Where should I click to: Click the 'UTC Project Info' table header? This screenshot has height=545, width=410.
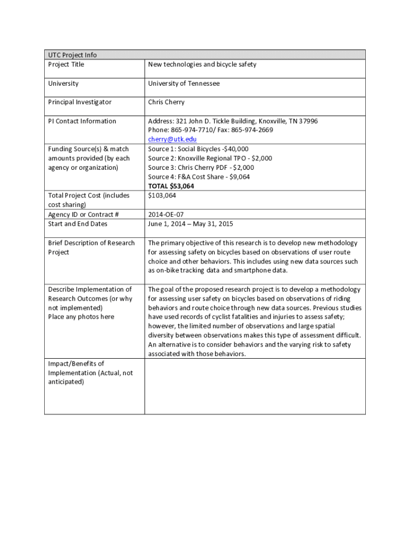tap(72, 55)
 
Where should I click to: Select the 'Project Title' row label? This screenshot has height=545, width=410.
tap(66, 64)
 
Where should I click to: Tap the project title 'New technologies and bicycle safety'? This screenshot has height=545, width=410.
tap(202, 64)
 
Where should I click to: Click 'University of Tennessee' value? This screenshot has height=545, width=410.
tap(184, 84)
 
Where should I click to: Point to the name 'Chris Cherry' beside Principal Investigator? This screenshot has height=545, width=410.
tap(166, 102)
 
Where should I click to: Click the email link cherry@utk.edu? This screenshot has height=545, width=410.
tap(172, 139)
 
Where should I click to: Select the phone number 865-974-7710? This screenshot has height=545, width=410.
tap(191, 130)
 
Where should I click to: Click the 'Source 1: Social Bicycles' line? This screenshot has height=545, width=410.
tap(198, 149)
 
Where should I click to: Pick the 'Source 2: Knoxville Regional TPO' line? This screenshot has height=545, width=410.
tap(210, 158)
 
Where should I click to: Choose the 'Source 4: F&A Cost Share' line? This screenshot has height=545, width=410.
tap(199, 177)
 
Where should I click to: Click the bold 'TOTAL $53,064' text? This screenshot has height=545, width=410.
tap(171, 186)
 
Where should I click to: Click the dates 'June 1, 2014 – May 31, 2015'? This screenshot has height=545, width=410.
tap(190, 224)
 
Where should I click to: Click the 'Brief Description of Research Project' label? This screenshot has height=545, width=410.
tap(91, 247)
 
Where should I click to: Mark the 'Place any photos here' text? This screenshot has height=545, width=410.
tap(81, 317)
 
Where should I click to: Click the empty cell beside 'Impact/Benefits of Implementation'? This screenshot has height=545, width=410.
tap(255, 386)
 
